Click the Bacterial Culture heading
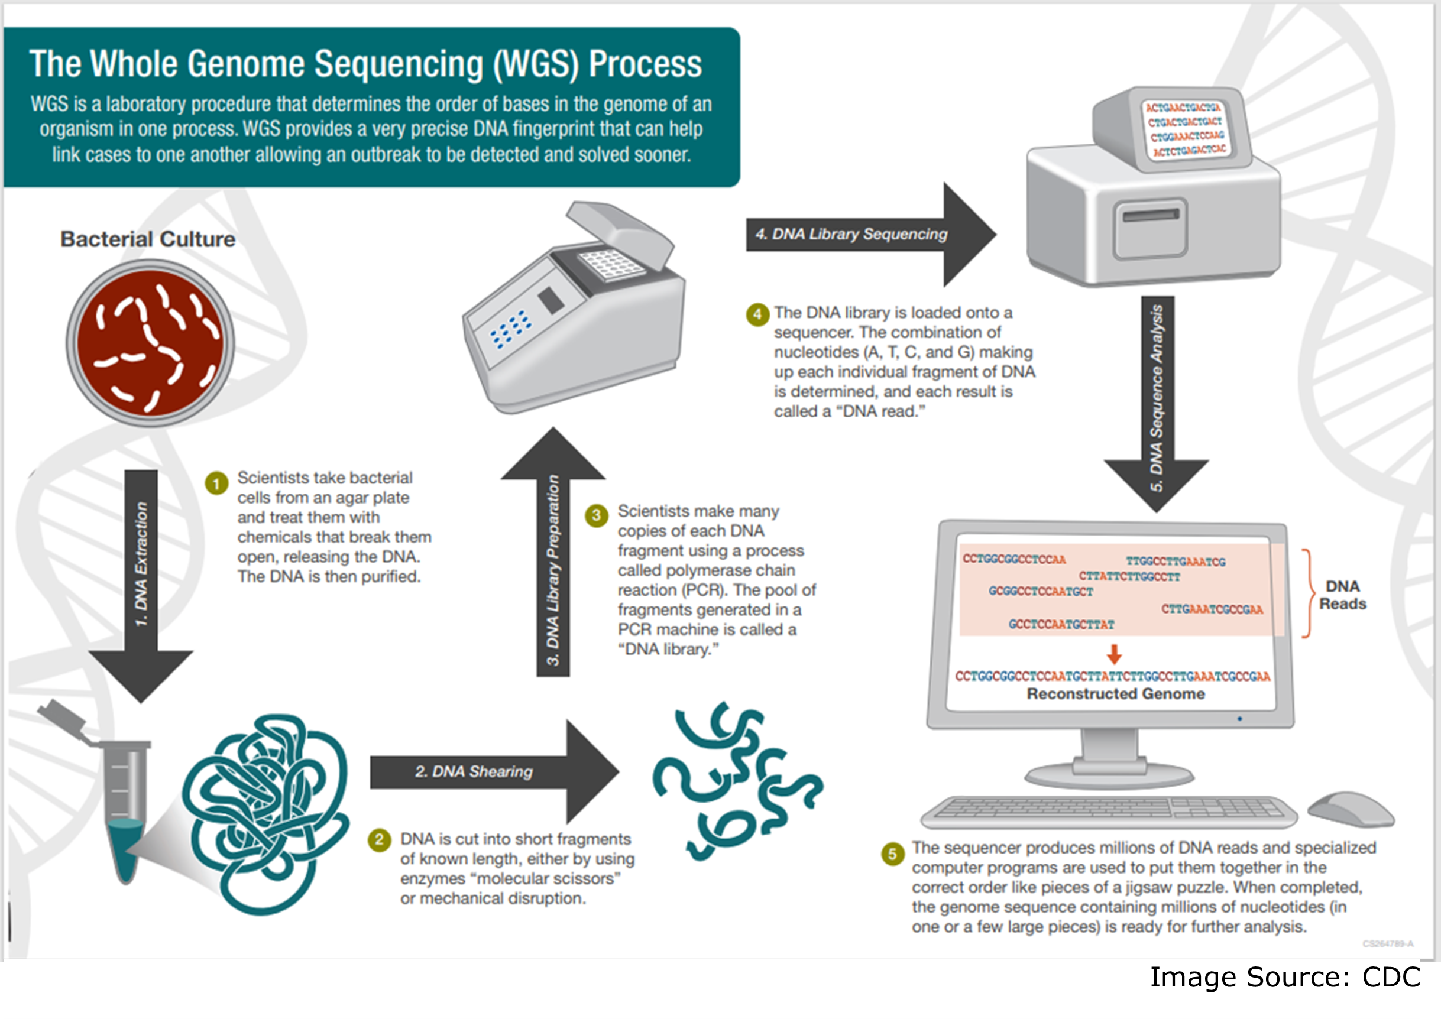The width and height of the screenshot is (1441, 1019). [x=147, y=239]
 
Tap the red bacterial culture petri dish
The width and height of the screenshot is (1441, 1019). [x=150, y=344]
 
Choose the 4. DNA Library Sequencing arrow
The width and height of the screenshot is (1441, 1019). [x=866, y=234]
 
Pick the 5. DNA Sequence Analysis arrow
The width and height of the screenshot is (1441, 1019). [x=1157, y=401]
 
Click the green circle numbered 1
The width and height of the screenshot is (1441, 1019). [x=216, y=483]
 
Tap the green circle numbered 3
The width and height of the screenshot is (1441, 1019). [x=596, y=516]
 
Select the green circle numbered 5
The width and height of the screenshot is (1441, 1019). [x=892, y=854]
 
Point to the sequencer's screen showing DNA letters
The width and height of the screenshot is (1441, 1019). [x=1185, y=129]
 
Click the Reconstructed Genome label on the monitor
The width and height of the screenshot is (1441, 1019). [x=1115, y=694]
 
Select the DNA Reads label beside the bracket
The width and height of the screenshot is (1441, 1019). [x=1342, y=595]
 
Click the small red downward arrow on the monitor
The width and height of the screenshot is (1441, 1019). [x=1114, y=654]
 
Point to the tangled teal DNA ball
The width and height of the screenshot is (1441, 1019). [x=267, y=813]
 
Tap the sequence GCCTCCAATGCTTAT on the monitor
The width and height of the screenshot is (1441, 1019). [x=1061, y=624]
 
